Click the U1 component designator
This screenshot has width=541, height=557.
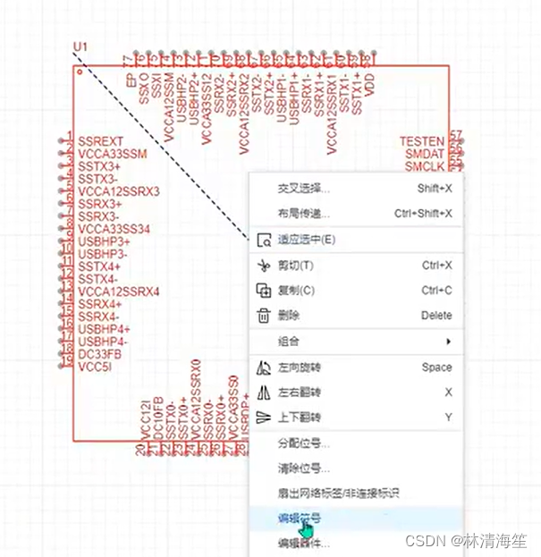(80, 46)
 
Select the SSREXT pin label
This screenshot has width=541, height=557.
(100, 141)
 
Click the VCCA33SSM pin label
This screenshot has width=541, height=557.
(112, 154)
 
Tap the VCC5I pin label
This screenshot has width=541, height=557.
(96, 367)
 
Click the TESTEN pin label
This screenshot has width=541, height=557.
(421, 141)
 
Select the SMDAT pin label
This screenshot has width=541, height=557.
(424, 154)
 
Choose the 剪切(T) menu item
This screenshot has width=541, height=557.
(295, 266)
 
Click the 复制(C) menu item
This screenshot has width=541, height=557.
(296, 291)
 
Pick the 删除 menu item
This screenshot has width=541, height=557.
(289, 316)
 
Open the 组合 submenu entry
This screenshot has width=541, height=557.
(289, 342)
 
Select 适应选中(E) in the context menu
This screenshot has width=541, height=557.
(307, 240)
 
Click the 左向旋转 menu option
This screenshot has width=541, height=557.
(300, 367)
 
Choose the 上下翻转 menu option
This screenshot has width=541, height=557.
(300, 418)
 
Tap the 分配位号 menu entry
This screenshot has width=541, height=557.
(304, 443)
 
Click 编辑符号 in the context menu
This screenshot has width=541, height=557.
(300, 519)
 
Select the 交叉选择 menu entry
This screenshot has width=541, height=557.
(304, 189)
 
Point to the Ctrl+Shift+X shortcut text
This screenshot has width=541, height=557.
(423, 214)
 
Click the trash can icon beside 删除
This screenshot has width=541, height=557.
(263, 316)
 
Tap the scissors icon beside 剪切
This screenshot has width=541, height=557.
(263, 266)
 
